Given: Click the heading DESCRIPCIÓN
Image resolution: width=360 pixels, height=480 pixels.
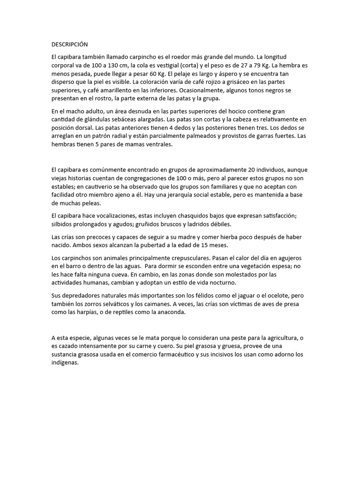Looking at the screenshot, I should coord(70,44).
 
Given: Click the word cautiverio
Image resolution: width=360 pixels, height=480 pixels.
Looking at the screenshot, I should coord(99,187).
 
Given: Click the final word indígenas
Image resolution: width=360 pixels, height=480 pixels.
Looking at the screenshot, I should coord(65,363).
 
